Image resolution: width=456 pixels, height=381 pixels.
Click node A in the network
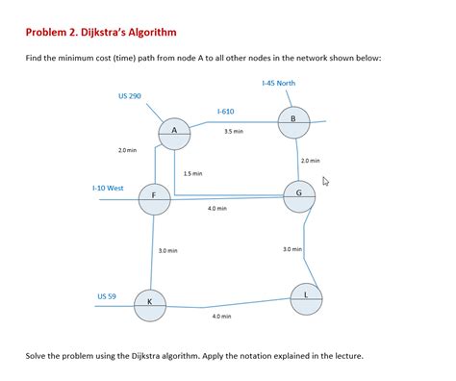(174, 133)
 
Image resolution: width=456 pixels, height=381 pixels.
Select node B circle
(292, 120)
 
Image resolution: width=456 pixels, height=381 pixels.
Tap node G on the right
(300, 195)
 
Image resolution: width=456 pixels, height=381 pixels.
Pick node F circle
(154, 198)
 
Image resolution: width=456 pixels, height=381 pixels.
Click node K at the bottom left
(149, 304)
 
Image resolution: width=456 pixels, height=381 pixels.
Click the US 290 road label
(129, 96)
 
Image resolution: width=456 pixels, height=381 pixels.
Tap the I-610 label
(225, 112)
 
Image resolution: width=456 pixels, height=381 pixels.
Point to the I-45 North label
(278, 84)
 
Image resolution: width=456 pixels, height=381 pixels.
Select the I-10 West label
(107, 188)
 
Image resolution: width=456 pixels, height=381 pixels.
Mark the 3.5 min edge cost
(233, 131)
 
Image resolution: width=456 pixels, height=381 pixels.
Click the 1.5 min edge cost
(192, 173)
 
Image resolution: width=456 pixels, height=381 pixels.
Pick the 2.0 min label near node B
(310, 161)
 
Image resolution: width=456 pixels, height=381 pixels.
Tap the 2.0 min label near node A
(127, 150)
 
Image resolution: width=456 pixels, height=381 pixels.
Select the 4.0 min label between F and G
(217, 208)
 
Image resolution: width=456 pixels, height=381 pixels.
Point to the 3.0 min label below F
(166, 250)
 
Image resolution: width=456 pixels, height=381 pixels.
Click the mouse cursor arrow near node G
(326, 180)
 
